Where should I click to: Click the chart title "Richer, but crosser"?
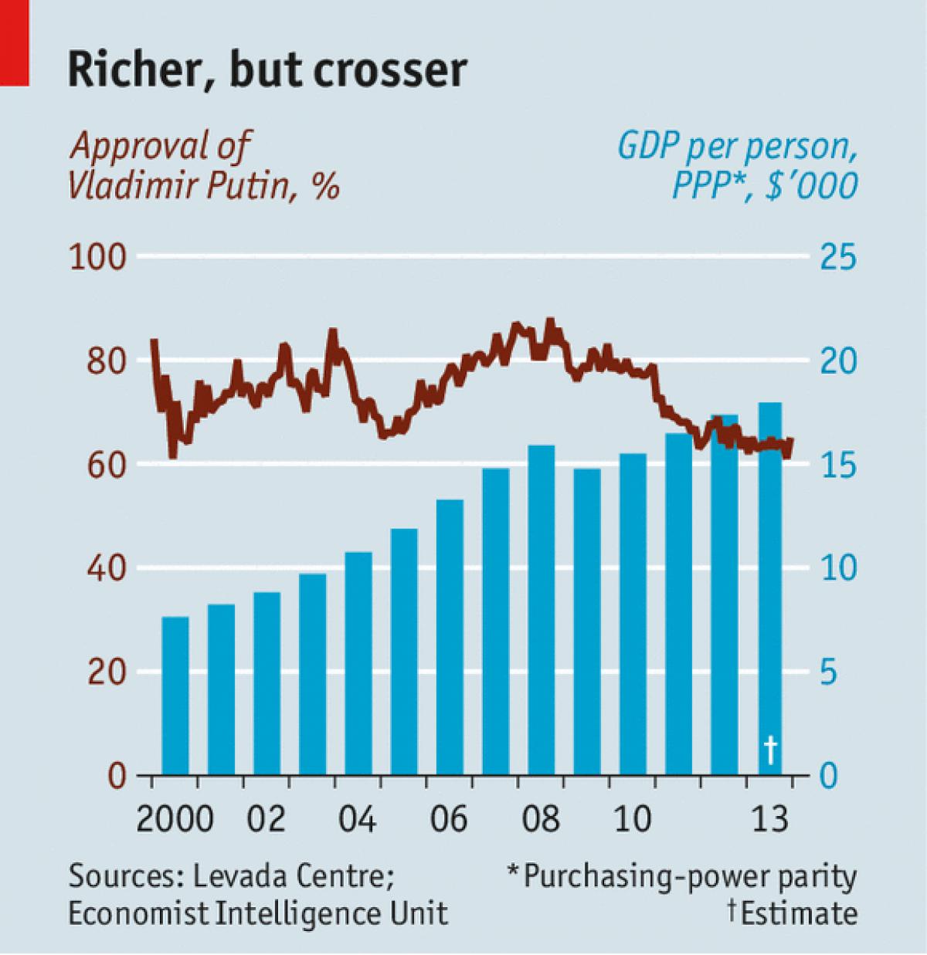(267, 69)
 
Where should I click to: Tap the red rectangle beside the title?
(14, 42)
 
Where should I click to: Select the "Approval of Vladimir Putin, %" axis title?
(205, 166)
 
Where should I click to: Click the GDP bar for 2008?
(542, 610)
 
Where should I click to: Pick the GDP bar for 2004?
(358, 664)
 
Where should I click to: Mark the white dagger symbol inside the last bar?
(770, 748)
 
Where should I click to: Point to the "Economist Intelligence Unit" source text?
(258, 913)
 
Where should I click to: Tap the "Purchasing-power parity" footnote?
(690, 877)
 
